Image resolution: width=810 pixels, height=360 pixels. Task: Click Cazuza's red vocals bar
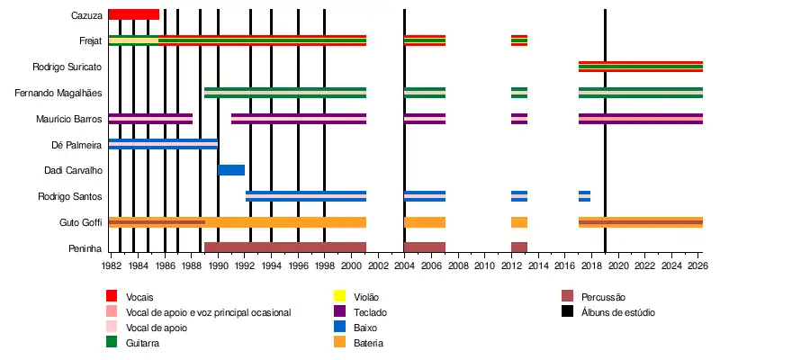point(133,14)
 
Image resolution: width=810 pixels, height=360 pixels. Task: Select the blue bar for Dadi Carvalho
point(231,170)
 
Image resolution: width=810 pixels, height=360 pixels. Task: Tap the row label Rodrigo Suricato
point(67,67)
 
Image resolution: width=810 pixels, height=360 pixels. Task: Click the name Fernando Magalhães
point(58,93)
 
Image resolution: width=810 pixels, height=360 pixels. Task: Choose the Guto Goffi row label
point(80,222)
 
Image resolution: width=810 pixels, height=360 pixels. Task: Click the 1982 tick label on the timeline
point(112,266)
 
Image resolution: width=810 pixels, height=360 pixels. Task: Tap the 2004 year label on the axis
point(404,266)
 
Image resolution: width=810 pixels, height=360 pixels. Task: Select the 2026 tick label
point(697,266)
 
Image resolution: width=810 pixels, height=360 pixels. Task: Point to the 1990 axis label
point(218,266)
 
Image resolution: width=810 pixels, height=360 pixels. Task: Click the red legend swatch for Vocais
point(112,296)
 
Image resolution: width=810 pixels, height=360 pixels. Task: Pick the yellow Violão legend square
point(339,296)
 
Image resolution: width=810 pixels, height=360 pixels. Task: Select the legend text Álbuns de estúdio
point(618,312)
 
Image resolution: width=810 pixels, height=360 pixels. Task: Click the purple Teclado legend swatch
point(339,311)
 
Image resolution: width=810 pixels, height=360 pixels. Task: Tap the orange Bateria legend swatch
point(339,343)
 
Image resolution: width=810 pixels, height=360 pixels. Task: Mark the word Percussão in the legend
point(603,297)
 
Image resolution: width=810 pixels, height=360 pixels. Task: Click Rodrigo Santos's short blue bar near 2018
point(584,196)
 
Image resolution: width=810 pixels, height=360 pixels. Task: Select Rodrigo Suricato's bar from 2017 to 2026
point(640,67)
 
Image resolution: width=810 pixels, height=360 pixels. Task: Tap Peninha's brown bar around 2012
point(519,247)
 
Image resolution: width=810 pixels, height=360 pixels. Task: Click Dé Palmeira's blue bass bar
point(163,144)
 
